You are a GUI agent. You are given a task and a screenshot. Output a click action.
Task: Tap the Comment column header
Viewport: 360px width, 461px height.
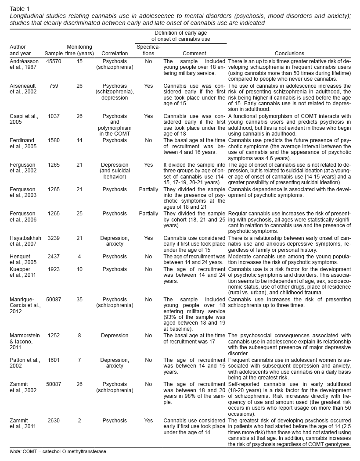[x=194, y=54]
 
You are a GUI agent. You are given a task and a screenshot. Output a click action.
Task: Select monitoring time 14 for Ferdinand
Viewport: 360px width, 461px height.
[x=79, y=140]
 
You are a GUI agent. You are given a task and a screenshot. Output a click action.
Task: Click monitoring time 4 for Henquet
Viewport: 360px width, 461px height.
[x=79, y=256]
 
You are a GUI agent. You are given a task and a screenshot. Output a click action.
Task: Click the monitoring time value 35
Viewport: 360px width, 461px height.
[x=79, y=299]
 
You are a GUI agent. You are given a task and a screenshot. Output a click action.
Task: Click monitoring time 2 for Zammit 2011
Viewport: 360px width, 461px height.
[x=79, y=420]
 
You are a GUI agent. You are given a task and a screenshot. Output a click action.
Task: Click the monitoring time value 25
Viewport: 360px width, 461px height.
[x=79, y=213]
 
